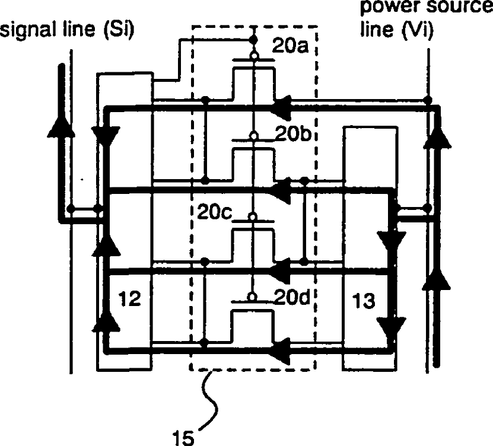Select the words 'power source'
[x=425, y=9]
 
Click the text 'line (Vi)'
[x=396, y=30]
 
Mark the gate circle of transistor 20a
[x=253, y=56]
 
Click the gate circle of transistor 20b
[x=253, y=136]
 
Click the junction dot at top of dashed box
[x=253, y=40]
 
